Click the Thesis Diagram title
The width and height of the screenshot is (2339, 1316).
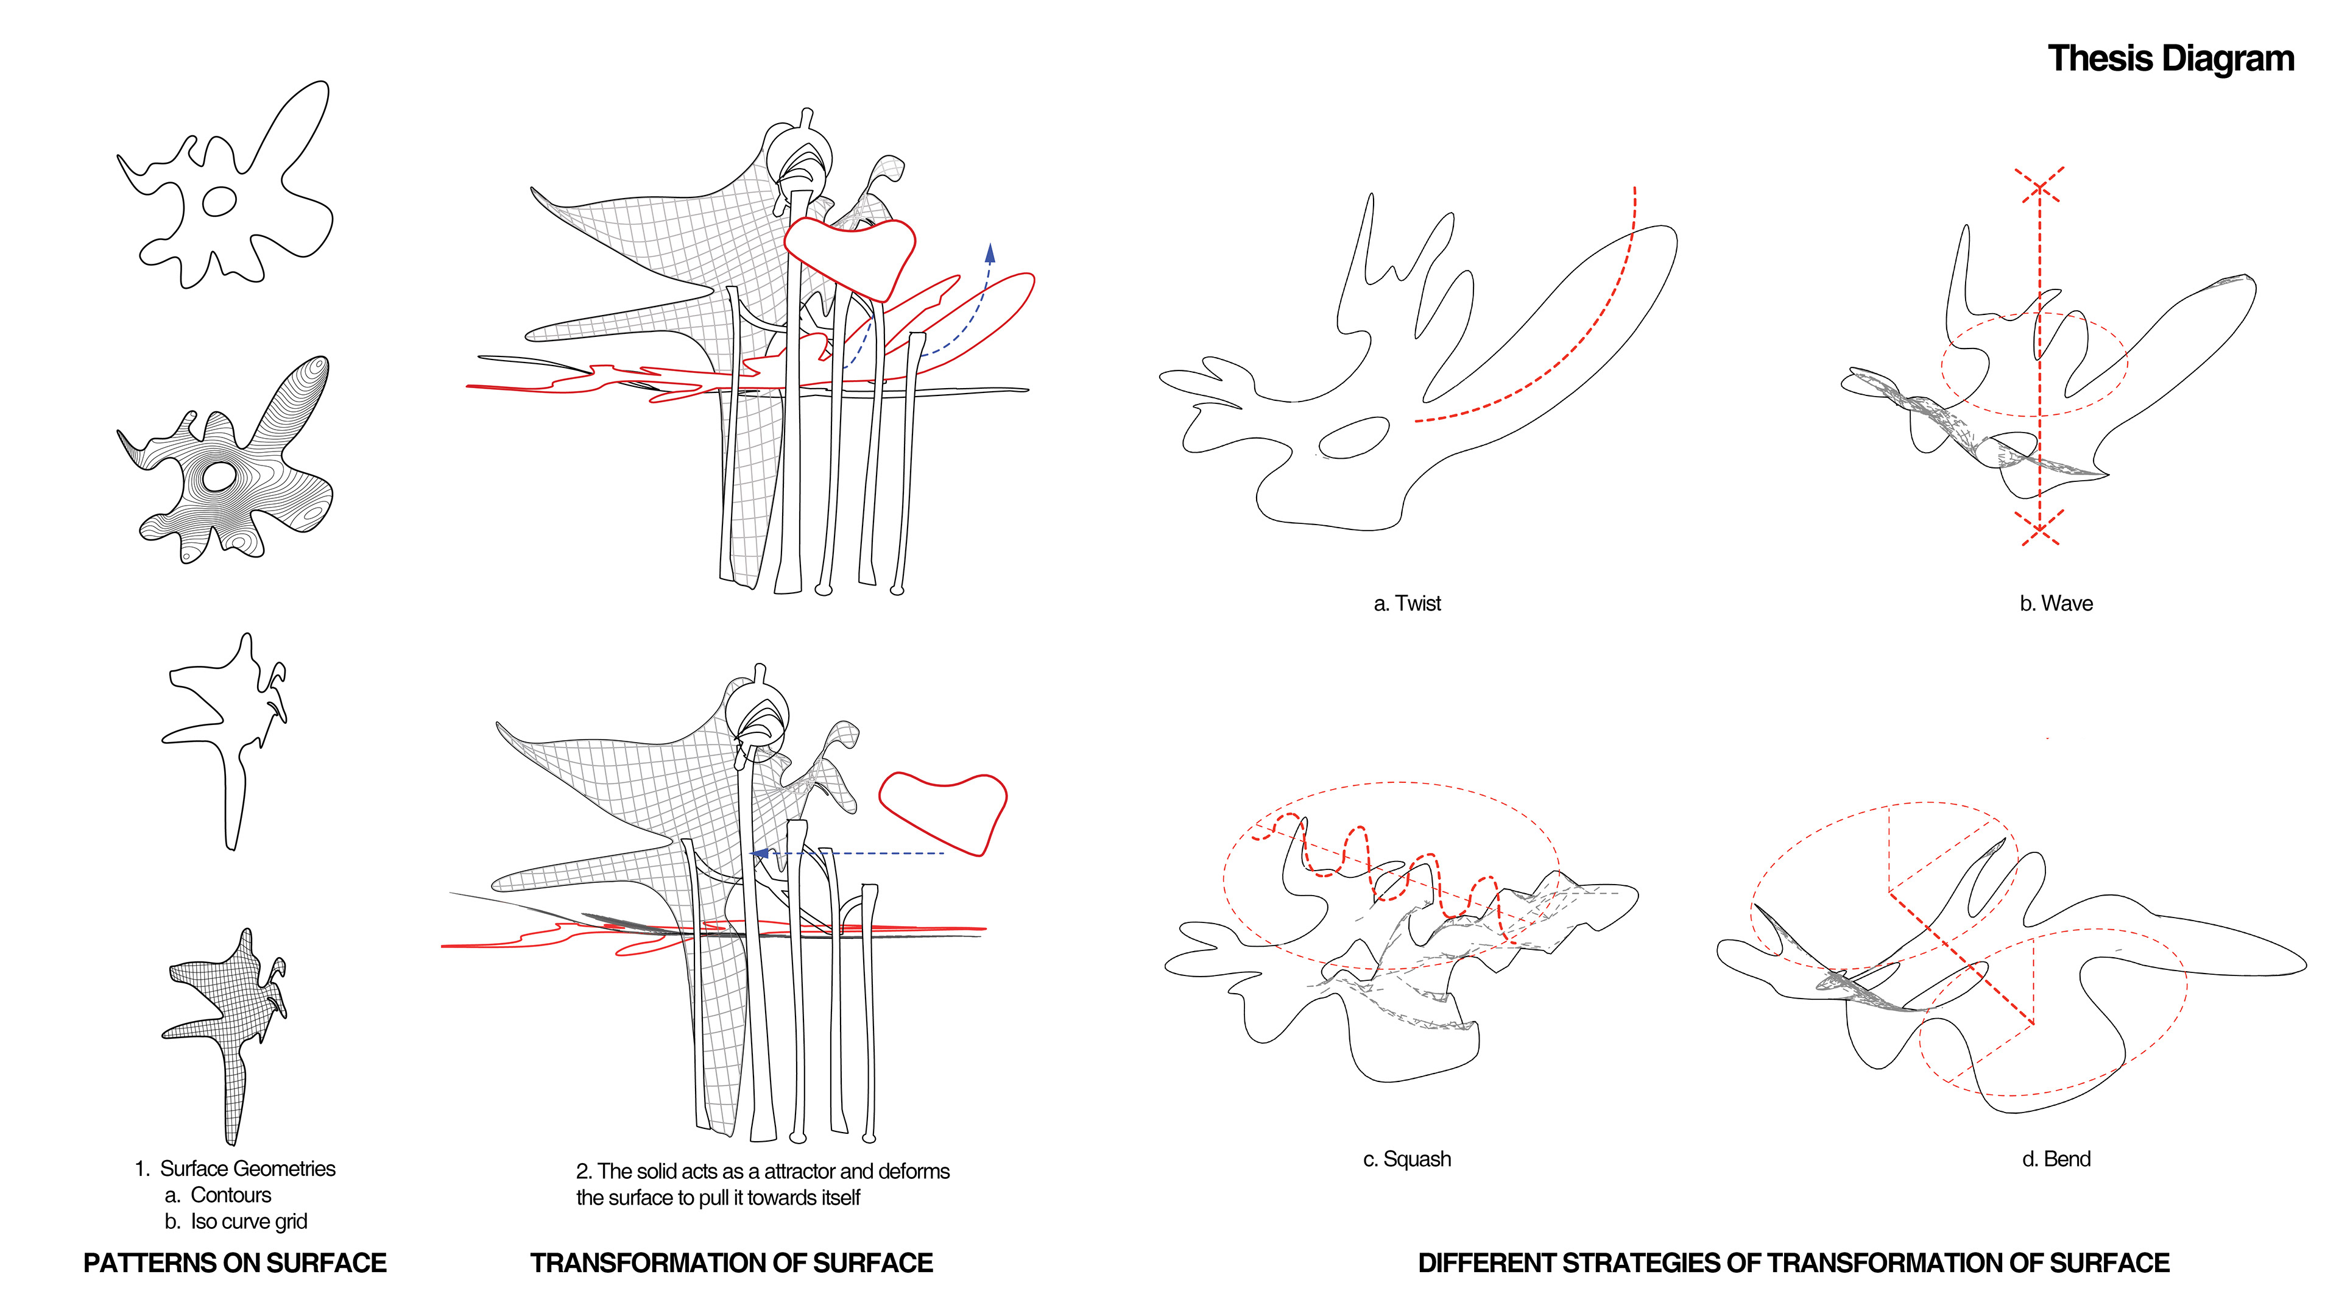(x=2171, y=58)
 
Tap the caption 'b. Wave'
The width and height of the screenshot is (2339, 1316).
(x=2056, y=603)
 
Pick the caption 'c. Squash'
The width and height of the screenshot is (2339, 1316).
(x=1406, y=1159)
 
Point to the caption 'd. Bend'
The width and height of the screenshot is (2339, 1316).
(x=2056, y=1159)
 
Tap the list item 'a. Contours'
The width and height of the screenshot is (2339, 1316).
(x=218, y=1195)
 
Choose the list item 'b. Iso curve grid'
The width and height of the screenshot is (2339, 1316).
(x=236, y=1222)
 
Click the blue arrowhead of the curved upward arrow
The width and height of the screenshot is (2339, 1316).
(x=990, y=252)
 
